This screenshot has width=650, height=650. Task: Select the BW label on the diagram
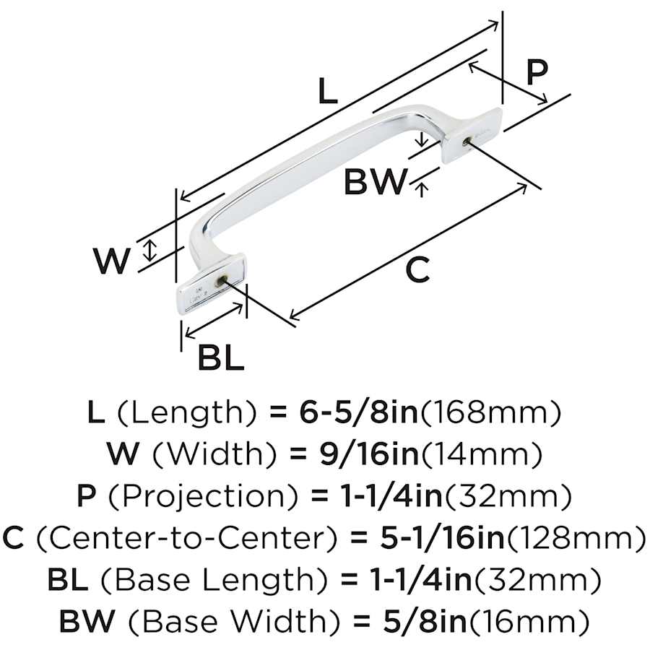pyautogui.click(x=376, y=181)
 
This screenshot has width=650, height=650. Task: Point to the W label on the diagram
pyautogui.click(x=113, y=261)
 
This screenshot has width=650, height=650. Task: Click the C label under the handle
pyautogui.click(x=417, y=270)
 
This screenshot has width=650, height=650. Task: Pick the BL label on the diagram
pyautogui.click(x=220, y=356)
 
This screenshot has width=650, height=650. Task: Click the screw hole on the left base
pyautogui.click(x=223, y=279)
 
